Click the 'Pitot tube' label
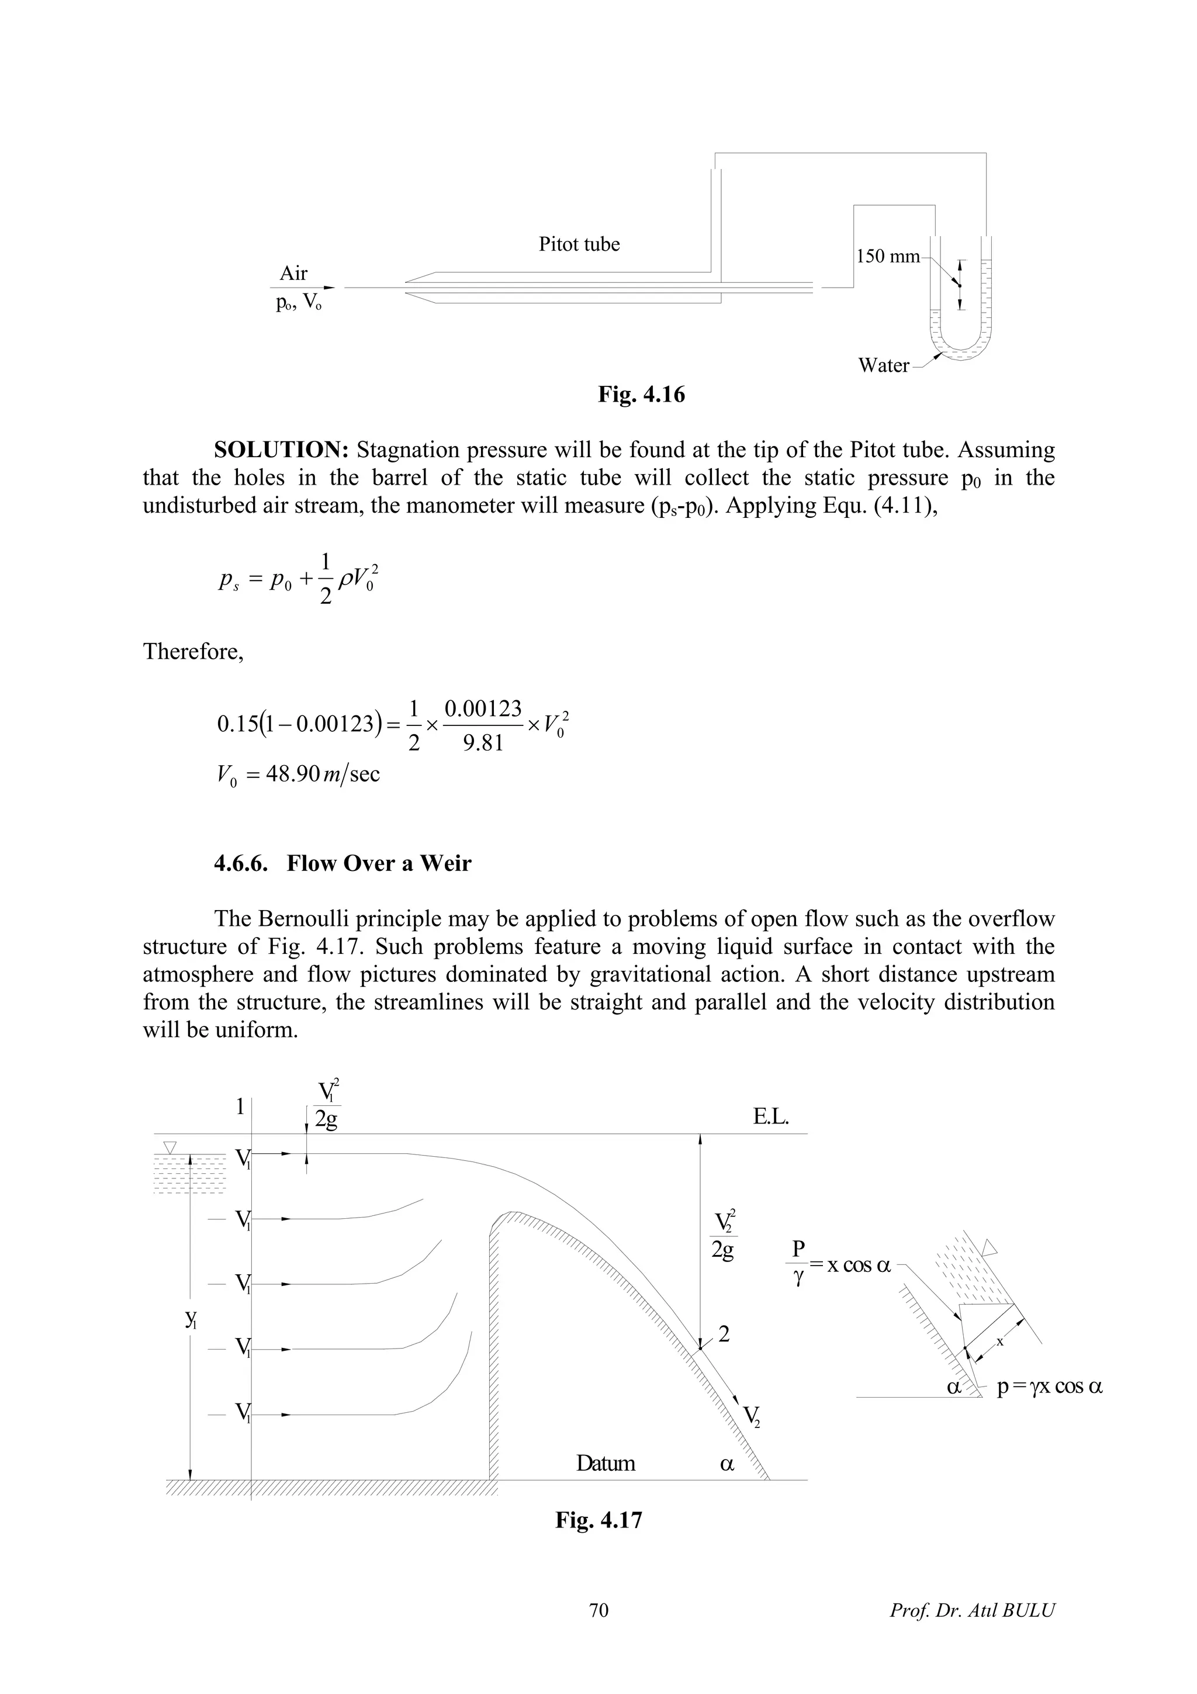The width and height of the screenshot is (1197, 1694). [x=579, y=244]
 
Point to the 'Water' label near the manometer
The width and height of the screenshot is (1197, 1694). [x=884, y=365]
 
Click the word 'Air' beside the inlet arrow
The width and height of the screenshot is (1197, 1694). [x=293, y=274]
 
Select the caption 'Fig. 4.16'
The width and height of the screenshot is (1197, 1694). [x=641, y=395]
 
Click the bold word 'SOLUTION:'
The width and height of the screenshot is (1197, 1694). [x=281, y=450]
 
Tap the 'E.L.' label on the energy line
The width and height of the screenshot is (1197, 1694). [x=771, y=1117]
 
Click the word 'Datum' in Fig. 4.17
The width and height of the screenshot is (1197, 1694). [x=605, y=1464]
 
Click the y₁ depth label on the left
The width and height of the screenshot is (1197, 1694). [x=191, y=1319]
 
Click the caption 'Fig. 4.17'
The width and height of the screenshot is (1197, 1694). [x=599, y=1520]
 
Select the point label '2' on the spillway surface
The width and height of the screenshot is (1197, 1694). [x=724, y=1334]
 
